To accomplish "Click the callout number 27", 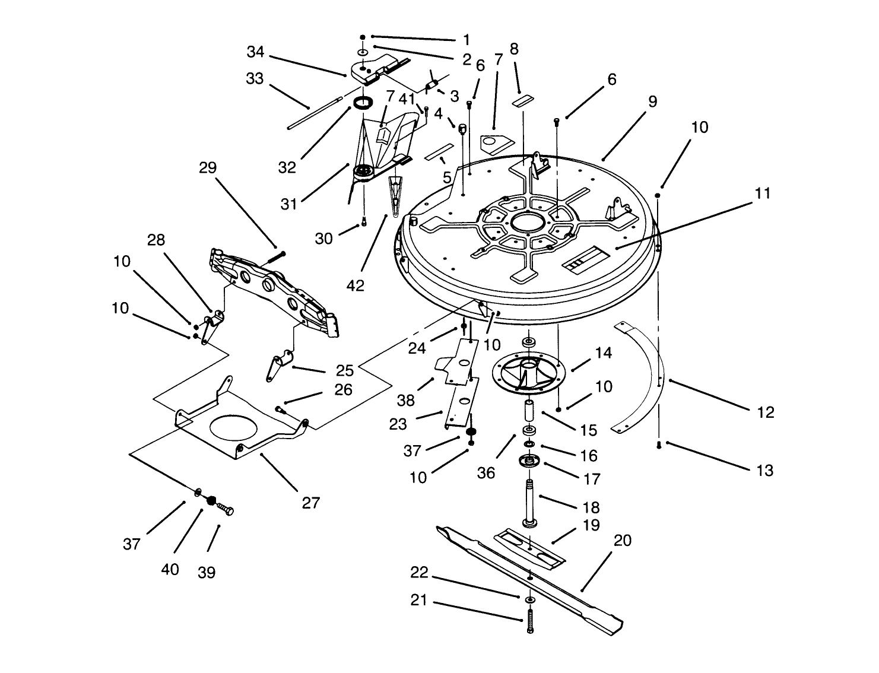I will [x=310, y=503].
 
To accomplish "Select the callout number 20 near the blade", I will [x=623, y=541].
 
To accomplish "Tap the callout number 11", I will [x=763, y=193].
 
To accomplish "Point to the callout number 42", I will [x=355, y=285].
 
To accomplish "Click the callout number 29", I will [x=208, y=168].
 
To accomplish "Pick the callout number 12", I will [x=766, y=412].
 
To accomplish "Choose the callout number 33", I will [x=255, y=78].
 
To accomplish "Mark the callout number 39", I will [x=207, y=572].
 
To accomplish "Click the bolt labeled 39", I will [x=224, y=509].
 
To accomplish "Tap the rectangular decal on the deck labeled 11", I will [x=585, y=260].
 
